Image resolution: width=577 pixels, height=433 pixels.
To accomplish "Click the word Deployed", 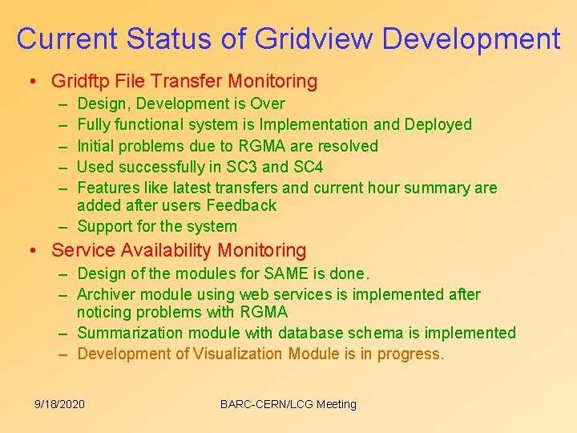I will (438, 124).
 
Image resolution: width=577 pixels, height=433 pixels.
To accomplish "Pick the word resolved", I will (347, 146).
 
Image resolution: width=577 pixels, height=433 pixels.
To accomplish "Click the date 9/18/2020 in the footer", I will (60, 404).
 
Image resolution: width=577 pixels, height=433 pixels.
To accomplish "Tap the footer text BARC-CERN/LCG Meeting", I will (288, 404).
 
